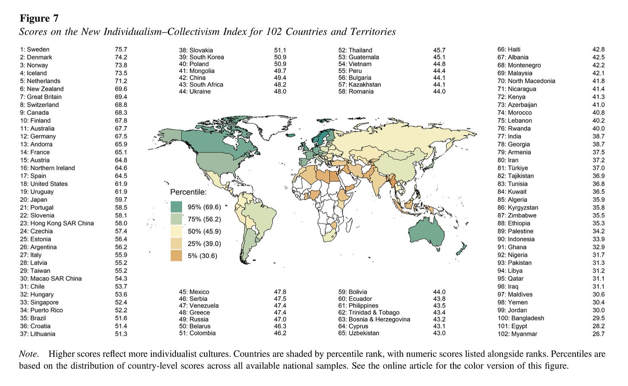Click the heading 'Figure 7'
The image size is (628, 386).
point(39,19)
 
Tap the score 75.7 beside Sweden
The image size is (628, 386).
point(121,50)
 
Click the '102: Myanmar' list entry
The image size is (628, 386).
point(517,334)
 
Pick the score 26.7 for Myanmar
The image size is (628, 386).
point(598,334)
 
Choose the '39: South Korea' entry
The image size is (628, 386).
point(201,57)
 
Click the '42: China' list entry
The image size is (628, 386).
point(192,78)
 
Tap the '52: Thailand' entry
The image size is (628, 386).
point(355,50)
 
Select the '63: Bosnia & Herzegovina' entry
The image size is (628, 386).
point(374,319)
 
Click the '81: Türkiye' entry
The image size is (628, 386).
point(512,168)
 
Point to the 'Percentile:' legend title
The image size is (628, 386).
point(188,192)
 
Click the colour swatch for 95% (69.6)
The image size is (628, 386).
point(176,207)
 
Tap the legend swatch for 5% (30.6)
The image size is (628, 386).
point(176,255)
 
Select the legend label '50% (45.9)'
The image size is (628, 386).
point(204,231)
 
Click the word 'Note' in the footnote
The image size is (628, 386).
point(28,354)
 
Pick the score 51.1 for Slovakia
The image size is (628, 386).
point(280,50)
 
